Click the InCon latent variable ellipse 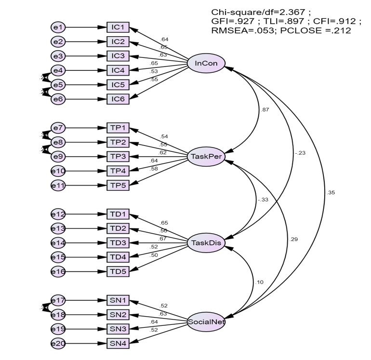point(206,64)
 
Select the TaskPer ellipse point(206,158)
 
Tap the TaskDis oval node point(206,243)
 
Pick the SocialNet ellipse point(206,322)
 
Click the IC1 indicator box point(118,27)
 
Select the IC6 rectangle point(118,99)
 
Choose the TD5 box point(118,271)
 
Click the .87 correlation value point(265,110)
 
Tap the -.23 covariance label point(300,154)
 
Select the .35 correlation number point(331,192)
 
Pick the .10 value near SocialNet point(260,282)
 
